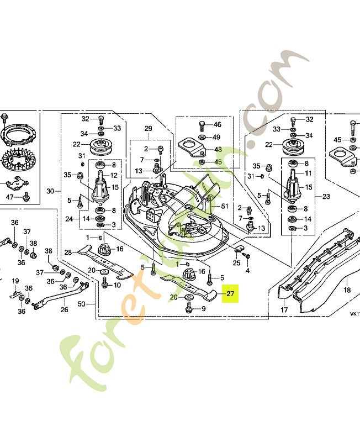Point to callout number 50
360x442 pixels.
click(x=82, y=304)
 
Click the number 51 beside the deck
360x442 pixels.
click(x=224, y=207)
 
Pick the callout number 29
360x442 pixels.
click(x=148, y=129)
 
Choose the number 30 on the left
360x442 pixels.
click(x=50, y=191)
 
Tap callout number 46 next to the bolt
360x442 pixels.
click(x=217, y=125)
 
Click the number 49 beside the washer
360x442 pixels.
click(x=217, y=137)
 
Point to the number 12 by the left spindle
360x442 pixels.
click(x=114, y=175)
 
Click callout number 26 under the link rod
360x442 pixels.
click(x=65, y=309)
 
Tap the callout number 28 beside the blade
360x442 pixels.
click(x=68, y=252)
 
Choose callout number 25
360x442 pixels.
click(x=236, y=262)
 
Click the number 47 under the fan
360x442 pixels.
click(x=9, y=197)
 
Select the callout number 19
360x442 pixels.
click(x=15, y=281)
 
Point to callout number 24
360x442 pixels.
click(x=68, y=219)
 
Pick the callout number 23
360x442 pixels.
click(x=325, y=196)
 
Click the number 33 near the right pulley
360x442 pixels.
click(x=277, y=129)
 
